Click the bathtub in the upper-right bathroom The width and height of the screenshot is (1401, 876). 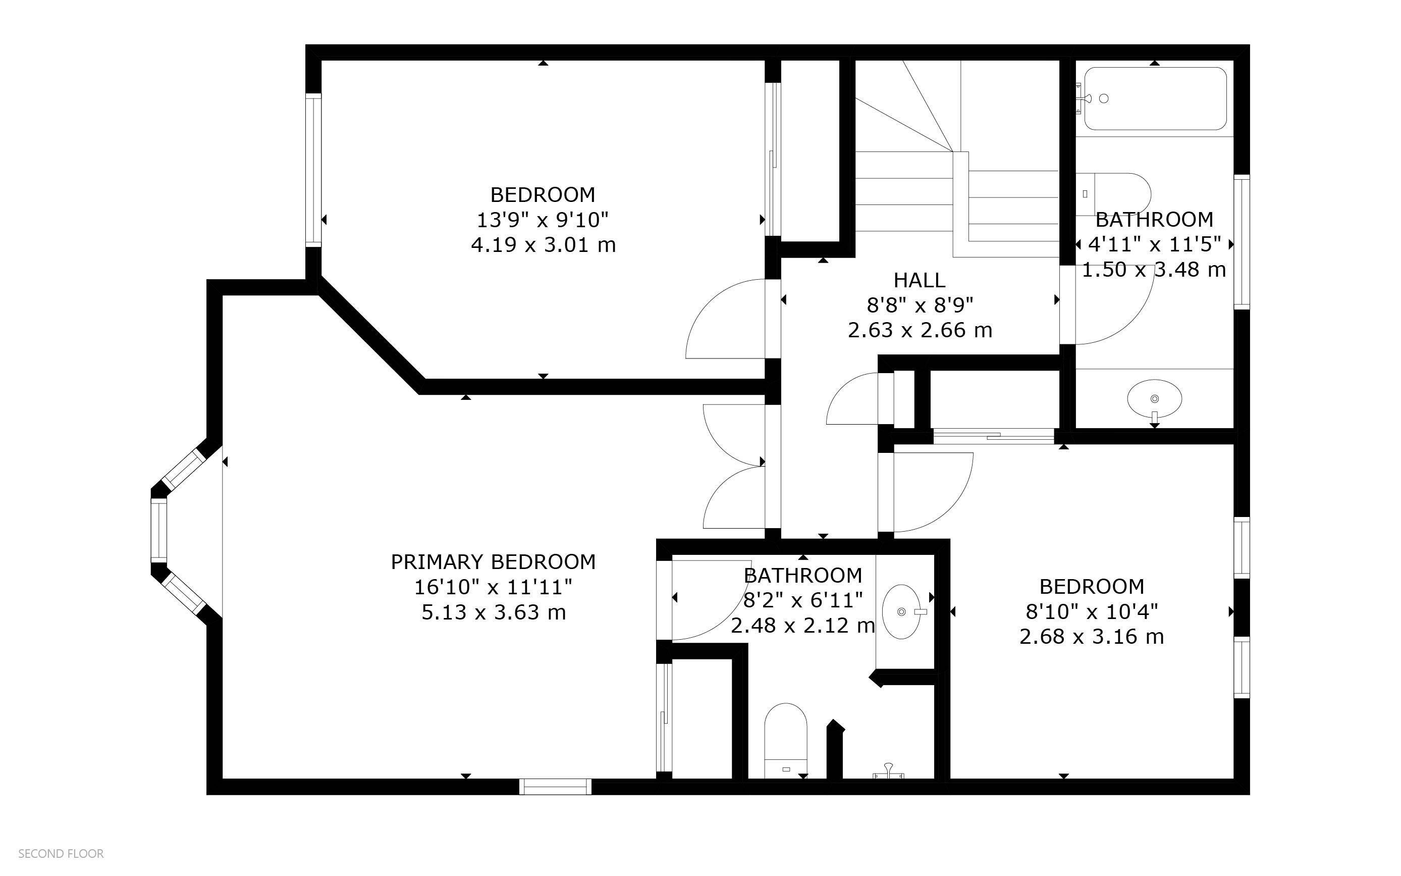pos(1155,98)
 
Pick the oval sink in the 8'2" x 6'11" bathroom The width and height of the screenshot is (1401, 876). pos(901,612)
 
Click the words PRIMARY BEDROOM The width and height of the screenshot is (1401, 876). pos(493,562)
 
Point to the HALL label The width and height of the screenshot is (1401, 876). pos(920,280)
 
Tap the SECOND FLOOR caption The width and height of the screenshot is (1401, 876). pos(61,854)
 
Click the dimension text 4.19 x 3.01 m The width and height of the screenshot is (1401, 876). pos(543,245)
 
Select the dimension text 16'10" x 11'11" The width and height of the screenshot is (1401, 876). pos(493,588)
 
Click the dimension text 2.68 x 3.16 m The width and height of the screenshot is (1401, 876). pos(1091,637)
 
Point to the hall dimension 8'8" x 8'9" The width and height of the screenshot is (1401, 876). pos(920,305)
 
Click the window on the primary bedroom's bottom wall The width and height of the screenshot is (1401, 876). pos(555,787)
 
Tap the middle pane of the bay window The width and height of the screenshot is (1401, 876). pos(158,530)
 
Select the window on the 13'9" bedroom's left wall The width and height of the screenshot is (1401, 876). pos(313,170)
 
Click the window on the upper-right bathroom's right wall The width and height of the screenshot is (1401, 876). pos(1242,242)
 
